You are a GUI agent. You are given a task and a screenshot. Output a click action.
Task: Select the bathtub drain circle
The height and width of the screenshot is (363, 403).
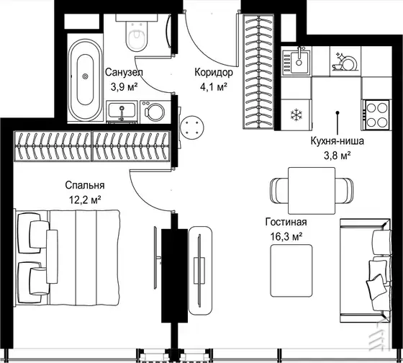pyautogui.click(x=85, y=76)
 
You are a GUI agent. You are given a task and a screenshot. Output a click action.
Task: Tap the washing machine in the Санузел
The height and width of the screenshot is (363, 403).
pyautogui.click(x=155, y=112)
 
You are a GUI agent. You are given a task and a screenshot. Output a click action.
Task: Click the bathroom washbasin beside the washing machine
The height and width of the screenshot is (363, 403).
pyautogui.click(x=122, y=112)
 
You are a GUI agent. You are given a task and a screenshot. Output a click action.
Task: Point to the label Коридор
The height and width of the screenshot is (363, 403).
pyautogui.click(x=214, y=72)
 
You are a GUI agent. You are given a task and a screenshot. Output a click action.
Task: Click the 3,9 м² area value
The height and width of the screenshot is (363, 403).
pyautogui.click(x=124, y=87)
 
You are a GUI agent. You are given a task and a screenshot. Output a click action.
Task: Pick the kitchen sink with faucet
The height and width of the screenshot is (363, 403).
pyautogui.click(x=296, y=61)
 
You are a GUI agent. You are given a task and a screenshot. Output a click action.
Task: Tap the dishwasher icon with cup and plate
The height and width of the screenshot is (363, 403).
pyautogui.click(x=345, y=61)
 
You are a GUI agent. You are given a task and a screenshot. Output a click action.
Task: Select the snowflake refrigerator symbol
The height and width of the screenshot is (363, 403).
pyautogui.click(x=296, y=115)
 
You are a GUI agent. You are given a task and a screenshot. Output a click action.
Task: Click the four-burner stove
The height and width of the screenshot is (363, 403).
pyautogui.click(x=377, y=115)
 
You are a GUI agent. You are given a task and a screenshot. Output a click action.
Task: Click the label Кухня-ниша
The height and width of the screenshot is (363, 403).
pyautogui.click(x=338, y=141)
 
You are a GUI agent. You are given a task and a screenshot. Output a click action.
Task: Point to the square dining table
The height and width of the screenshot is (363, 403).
pyautogui.click(x=312, y=191)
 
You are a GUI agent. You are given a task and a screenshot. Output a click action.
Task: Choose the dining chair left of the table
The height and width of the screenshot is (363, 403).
pyautogui.click(x=279, y=191)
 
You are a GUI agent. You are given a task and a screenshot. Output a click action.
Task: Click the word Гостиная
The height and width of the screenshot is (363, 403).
pyautogui.click(x=286, y=222)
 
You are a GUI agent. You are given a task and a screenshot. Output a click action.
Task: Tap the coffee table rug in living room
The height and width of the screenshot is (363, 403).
pyautogui.click(x=291, y=271)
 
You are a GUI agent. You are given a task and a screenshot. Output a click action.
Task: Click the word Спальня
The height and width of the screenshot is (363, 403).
pyautogui.click(x=85, y=185)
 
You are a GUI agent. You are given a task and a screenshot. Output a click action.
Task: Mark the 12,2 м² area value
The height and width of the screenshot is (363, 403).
pyautogui.click(x=85, y=200)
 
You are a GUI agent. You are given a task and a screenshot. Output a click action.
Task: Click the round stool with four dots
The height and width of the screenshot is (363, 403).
pyautogui.click(x=192, y=127)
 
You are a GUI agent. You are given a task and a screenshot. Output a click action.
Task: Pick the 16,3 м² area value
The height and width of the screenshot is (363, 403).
pyautogui.click(x=286, y=236)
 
